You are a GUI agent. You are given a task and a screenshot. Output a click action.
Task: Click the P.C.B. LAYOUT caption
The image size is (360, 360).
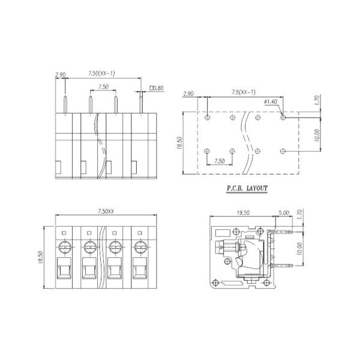coord(247,188)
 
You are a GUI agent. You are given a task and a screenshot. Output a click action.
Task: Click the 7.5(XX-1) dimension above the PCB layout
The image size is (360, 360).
coord(243,92)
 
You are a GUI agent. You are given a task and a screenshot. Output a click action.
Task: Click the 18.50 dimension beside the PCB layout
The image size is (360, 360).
coord(179,143)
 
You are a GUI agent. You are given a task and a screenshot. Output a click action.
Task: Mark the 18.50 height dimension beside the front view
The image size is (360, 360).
coord(41,257)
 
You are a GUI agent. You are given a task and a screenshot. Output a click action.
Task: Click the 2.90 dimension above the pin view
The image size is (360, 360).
coord(60,76)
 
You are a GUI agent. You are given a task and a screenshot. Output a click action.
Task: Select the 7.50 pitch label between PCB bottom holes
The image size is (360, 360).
coord(220,161)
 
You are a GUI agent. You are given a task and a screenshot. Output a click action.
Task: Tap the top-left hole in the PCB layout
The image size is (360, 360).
coord(207,118)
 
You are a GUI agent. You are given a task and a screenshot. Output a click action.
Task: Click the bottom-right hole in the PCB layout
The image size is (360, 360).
coord(283,150)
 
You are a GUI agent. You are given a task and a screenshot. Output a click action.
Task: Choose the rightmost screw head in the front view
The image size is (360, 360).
coord(140,245)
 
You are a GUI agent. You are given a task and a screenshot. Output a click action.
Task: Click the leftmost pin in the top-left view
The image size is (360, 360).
coord(64,99)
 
